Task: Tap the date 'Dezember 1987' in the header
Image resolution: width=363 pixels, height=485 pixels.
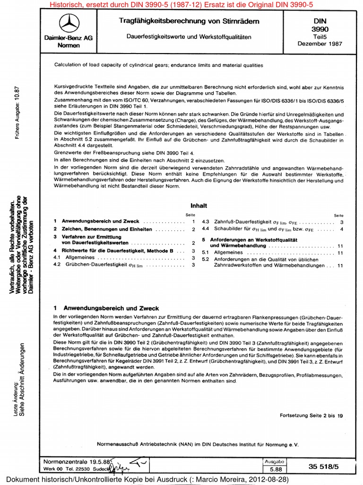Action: (320, 44)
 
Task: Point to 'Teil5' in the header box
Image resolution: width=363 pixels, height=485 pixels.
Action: (320, 36)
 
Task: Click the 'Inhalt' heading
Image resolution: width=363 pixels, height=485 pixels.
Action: (199, 206)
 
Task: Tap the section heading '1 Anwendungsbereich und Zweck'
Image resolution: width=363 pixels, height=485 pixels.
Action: (106, 308)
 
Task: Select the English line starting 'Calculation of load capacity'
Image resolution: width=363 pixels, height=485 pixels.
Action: (158, 65)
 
